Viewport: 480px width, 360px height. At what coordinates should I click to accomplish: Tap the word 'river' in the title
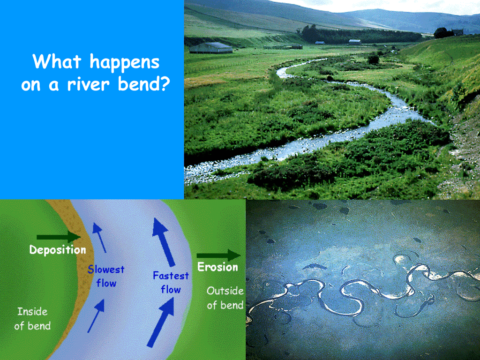[x=88, y=84]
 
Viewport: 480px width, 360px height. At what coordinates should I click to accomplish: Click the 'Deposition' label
[x=58, y=250]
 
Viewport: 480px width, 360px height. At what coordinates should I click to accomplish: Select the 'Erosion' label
[x=217, y=267]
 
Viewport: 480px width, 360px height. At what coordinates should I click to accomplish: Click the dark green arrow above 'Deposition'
[x=59, y=237]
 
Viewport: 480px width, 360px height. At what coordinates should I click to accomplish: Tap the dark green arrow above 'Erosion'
[x=218, y=255]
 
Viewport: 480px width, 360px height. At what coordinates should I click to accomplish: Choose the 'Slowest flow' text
[x=106, y=276]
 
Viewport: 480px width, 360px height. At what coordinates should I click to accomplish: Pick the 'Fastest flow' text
[x=171, y=282]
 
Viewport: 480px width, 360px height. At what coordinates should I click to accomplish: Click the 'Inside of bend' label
[x=32, y=319]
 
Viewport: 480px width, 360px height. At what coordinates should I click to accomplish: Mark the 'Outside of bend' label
[x=225, y=298]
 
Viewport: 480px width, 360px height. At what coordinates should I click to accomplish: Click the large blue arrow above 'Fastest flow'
[x=164, y=242]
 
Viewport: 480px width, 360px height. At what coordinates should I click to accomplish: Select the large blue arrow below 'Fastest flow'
[x=161, y=322]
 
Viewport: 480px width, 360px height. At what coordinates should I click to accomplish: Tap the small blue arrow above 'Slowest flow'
[x=99, y=238]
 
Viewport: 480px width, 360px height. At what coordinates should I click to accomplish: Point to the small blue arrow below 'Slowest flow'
[x=96, y=315]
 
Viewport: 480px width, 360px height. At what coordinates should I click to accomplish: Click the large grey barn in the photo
[x=210, y=48]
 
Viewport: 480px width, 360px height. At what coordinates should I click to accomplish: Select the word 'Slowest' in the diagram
[x=106, y=270]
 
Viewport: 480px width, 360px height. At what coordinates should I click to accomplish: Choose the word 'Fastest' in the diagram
[x=171, y=276]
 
